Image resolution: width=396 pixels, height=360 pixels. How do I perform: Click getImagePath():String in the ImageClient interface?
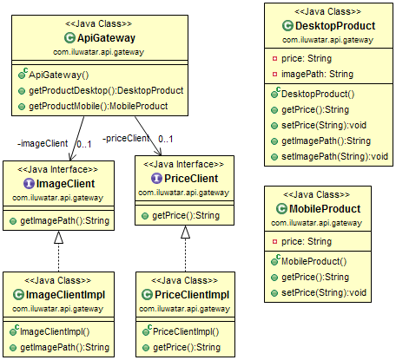tap(65, 222)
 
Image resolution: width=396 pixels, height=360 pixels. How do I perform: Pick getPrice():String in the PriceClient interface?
tap(184, 215)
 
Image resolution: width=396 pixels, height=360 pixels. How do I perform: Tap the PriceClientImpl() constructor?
tap(187, 331)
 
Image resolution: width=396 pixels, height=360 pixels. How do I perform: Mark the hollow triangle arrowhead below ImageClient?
tap(57, 237)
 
